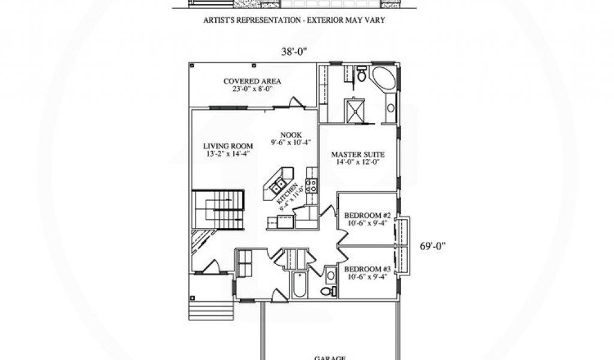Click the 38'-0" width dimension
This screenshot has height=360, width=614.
click(294, 52)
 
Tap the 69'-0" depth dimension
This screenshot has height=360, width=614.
click(431, 245)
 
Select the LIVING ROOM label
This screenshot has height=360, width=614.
click(227, 149)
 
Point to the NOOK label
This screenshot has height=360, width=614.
click(291, 139)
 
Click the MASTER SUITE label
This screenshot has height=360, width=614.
click(358, 158)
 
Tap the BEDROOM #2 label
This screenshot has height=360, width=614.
click(366, 219)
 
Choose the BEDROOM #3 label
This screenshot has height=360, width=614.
click(366, 273)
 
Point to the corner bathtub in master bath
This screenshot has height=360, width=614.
click(384, 80)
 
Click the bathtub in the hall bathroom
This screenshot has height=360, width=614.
click(298, 286)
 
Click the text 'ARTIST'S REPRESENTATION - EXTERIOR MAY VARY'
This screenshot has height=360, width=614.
click(294, 20)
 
